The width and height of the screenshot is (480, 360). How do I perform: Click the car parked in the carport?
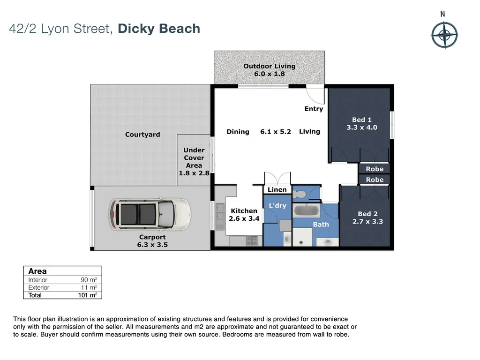coord(150,214)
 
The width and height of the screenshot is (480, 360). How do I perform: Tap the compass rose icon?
coord(444,36)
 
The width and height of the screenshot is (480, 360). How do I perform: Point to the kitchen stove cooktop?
coord(252,241)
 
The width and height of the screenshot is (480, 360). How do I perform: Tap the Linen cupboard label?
coord(277,190)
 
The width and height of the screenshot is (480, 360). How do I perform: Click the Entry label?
coord(314,109)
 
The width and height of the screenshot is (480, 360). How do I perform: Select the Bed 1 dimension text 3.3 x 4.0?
coord(361,127)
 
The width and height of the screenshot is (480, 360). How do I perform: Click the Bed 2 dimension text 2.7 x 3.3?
coord(367,222)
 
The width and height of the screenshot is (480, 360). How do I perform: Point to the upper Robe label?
coord(375,169)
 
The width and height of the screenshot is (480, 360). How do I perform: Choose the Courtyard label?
coord(142,135)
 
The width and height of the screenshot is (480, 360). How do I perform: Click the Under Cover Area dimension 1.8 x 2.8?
coord(194,173)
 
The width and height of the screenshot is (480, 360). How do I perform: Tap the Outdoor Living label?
coord(269,66)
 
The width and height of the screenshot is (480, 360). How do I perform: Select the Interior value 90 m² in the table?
coord(88,280)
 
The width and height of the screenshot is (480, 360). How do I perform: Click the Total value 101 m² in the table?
coord(87,295)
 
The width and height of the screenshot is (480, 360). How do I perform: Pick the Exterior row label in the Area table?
coord(38,287)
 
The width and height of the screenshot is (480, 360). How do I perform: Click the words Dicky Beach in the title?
coord(159,29)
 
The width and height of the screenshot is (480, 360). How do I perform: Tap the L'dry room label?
coord(277,205)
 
